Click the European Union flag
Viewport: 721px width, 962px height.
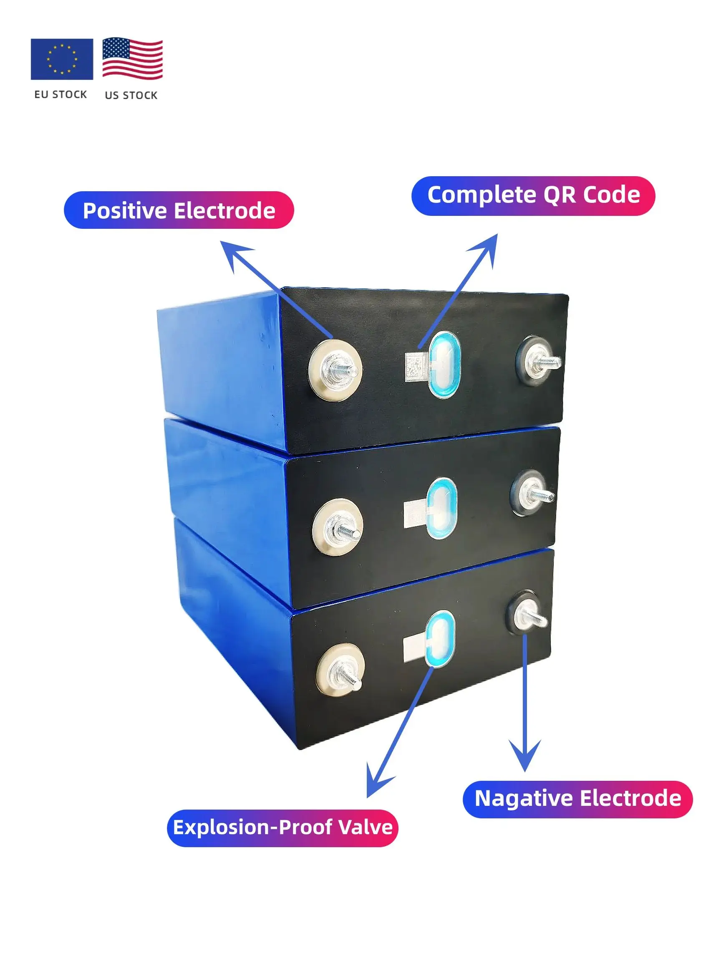coord(62,59)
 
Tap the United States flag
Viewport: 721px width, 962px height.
coord(132,59)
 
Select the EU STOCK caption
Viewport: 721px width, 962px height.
coord(61,94)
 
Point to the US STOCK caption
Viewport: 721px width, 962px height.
coord(131,95)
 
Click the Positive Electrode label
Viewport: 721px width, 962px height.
coord(179,210)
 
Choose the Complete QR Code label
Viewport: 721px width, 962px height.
coord(533,195)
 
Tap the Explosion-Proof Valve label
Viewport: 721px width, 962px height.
coord(282,828)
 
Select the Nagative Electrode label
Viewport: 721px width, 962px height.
coord(577,799)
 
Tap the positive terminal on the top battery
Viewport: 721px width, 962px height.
coord(335,370)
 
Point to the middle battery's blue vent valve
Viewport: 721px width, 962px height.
coord(441,508)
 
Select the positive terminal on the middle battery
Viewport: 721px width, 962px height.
coord(338,527)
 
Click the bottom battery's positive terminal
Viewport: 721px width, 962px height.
coord(340,669)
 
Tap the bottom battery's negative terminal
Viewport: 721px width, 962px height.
coord(527,614)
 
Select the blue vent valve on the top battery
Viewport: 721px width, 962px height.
coord(444,364)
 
